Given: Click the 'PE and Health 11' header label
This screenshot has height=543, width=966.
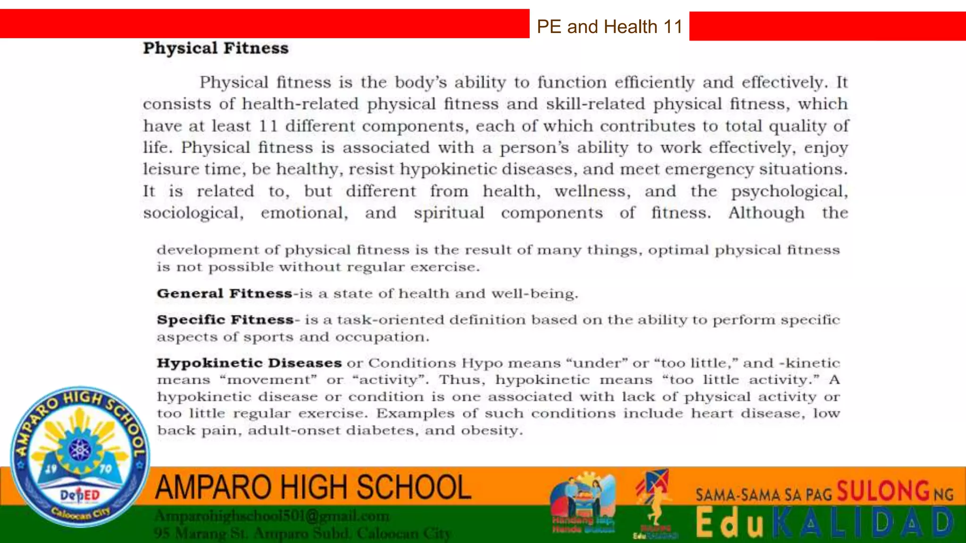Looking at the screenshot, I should pos(609,26).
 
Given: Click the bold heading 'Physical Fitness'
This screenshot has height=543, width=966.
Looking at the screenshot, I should pos(216,48).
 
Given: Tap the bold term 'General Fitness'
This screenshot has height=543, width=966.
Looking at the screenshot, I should pos(225,293).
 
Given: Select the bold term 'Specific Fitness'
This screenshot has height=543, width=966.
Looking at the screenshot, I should pos(225,320).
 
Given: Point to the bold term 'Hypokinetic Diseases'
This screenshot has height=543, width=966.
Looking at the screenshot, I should pos(249,363).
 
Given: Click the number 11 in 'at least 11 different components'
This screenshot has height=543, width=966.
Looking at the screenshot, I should pos(268,126).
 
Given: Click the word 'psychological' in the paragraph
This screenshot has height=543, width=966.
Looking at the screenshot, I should pos(789,191).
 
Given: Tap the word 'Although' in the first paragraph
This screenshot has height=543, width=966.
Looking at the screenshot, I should pos(766,213).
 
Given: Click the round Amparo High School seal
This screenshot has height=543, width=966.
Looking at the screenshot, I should pos(80,456).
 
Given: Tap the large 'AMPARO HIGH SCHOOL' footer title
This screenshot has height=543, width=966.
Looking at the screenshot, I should pos(313,487).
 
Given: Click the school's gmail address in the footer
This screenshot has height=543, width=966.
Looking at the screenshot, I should pos(272,516).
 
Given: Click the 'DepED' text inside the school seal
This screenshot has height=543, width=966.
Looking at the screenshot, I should pos(80,495).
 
